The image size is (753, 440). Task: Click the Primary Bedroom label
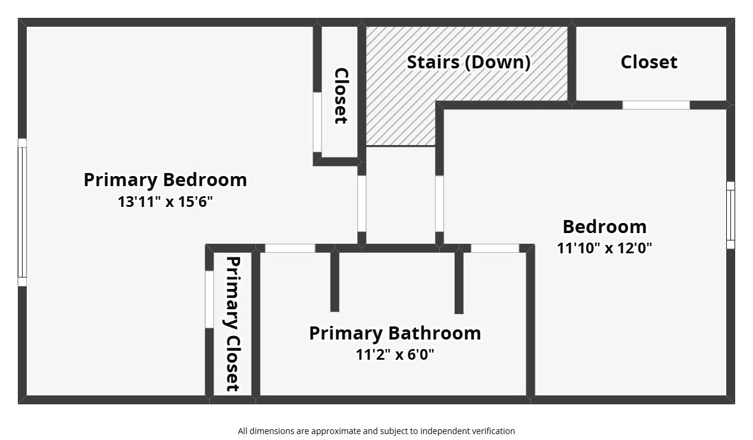165,180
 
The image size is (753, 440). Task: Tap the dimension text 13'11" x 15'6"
165,202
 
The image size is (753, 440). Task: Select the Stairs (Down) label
468,62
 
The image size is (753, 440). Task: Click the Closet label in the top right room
648,62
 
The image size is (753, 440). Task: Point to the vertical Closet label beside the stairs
341,96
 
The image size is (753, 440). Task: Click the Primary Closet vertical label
232,324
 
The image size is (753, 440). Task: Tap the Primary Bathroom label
395,333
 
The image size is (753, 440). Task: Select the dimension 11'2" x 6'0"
395,355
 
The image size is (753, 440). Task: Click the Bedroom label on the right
604,227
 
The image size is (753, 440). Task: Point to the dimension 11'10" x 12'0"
604,248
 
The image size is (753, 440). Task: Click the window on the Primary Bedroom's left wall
22,212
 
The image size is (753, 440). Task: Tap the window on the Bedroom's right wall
730,215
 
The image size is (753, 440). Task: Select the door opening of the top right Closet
656,105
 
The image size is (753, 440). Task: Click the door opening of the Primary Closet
209,299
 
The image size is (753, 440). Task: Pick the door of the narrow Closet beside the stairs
317,122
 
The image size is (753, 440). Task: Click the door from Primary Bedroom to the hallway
361,203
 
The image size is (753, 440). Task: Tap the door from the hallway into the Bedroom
439,203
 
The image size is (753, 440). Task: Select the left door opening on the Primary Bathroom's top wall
290,249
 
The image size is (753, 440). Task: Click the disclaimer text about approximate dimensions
376,431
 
